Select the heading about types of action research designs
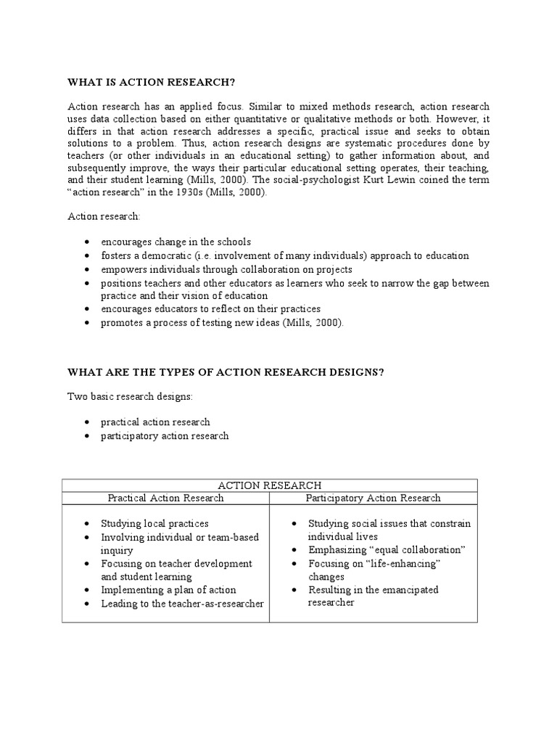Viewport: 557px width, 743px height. pos(226,372)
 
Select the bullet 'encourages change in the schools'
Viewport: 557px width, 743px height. pos(176,242)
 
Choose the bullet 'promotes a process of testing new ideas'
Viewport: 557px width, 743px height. pos(221,323)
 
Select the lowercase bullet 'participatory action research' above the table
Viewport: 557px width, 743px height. pos(165,435)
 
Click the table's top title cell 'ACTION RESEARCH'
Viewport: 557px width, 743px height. pos(269,485)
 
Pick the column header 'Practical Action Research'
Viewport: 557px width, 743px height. pos(165,498)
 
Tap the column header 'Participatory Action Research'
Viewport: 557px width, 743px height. pos(373,498)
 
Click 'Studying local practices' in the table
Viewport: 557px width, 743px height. pos(154,523)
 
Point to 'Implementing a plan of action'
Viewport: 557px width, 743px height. pos(168,590)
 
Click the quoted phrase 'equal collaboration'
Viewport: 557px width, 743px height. pos(417,550)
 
